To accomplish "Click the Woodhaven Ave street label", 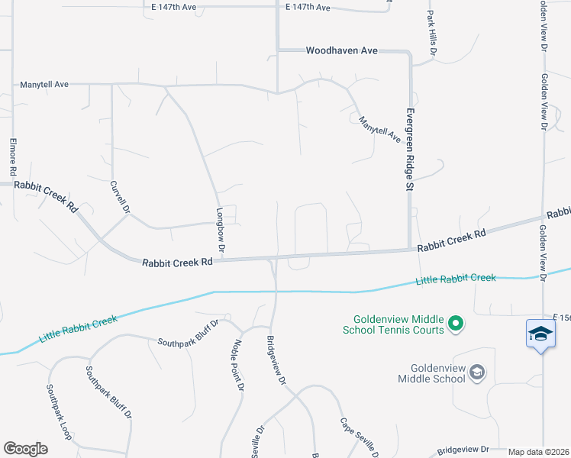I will coord(341,50).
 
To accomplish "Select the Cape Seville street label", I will coord(358,437).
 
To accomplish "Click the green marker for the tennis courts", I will coord(456,324).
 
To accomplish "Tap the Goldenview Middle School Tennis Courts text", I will coord(398,324).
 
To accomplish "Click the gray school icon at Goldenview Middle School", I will coord(477,373).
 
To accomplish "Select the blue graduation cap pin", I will coord(540,334).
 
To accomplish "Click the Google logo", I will coord(25,449).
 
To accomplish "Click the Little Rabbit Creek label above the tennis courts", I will coord(456,279).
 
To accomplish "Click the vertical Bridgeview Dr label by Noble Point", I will coord(276,360).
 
